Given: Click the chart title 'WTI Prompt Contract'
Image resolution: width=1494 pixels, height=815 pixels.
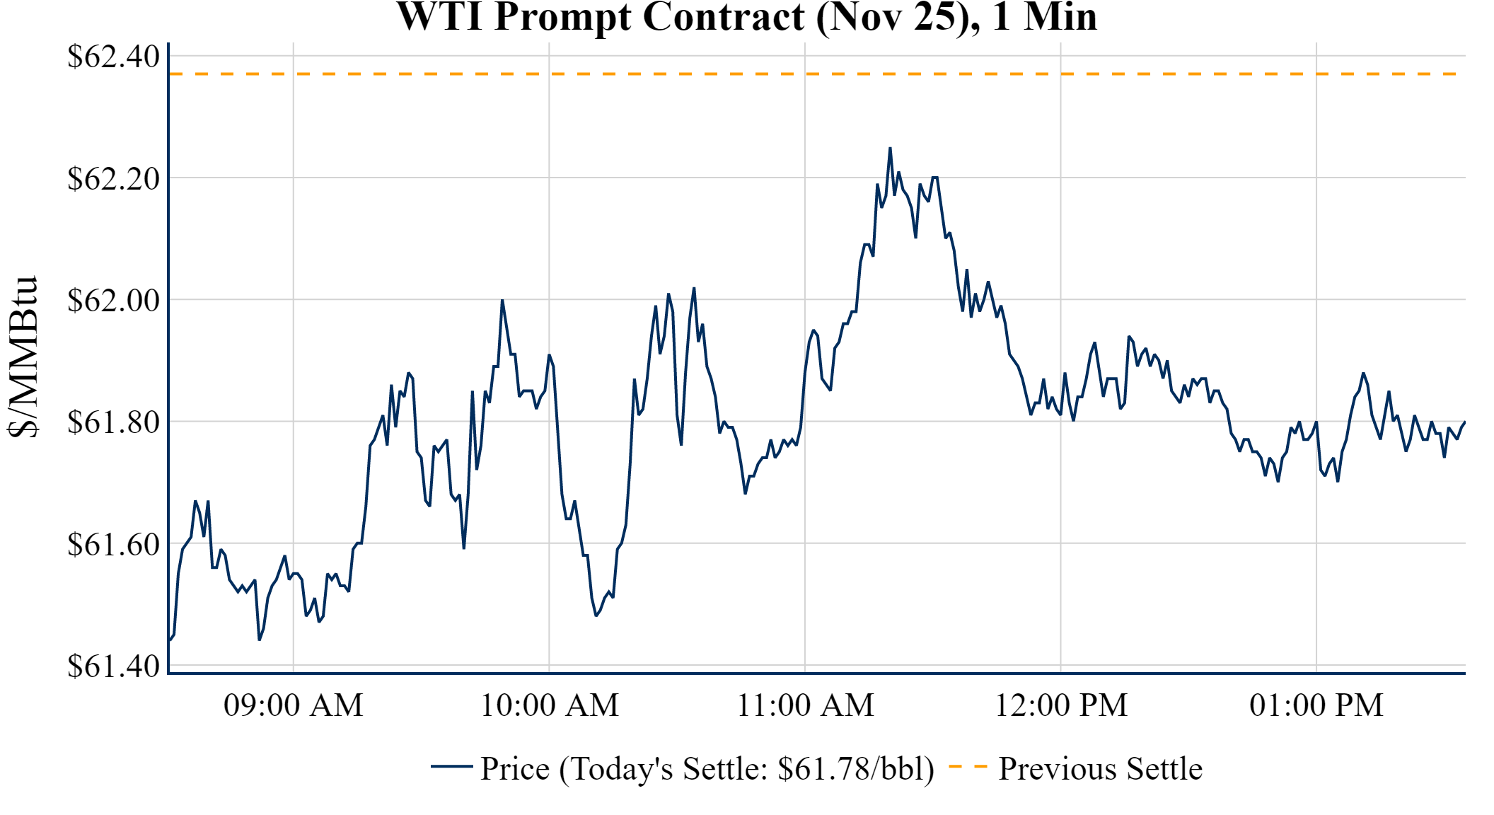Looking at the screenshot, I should click(x=746, y=17).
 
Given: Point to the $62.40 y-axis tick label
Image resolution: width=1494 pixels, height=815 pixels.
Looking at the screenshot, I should click(x=113, y=57).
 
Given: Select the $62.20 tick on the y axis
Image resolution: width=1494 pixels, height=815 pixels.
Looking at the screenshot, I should click(x=113, y=178).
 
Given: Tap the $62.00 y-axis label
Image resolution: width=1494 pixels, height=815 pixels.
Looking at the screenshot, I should click(x=113, y=300).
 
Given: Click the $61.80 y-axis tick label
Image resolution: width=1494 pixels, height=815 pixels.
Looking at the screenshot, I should click(x=113, y=422).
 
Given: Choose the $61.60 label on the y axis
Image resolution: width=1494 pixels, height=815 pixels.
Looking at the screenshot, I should click(x=113, y=545).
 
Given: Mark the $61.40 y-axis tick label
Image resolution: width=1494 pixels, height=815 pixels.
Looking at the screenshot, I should click(x=113, y=666).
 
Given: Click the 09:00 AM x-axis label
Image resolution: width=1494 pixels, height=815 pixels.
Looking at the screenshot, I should click(x=293, y=705).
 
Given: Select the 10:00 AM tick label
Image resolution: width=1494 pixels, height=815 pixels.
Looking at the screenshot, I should click(x=549, y=705).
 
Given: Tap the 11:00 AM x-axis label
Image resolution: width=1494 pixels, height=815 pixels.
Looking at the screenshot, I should click(x=805, y=705).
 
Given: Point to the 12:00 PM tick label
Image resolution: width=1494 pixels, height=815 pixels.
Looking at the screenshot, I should click(x=1061, y=705).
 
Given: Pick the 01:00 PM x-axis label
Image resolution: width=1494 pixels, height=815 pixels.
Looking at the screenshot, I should click(x=1316, y=705).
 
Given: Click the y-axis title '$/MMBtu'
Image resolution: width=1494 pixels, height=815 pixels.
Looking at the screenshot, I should click(x=23, y=357).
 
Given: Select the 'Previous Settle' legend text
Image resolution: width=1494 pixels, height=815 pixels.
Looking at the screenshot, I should click(x=1100, y=768).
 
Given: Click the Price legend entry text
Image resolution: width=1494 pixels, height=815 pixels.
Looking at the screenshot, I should click(x=707, y=768).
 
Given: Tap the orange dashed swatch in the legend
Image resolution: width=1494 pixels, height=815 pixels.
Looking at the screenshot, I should click(x=968, y=766).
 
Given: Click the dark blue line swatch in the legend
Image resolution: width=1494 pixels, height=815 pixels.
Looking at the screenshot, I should click(x=451, y=766).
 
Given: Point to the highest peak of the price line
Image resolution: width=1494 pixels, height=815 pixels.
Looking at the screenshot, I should click(x=890, y=148).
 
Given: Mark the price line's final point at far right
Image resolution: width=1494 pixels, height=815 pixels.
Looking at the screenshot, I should click(x=1464, y=422).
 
